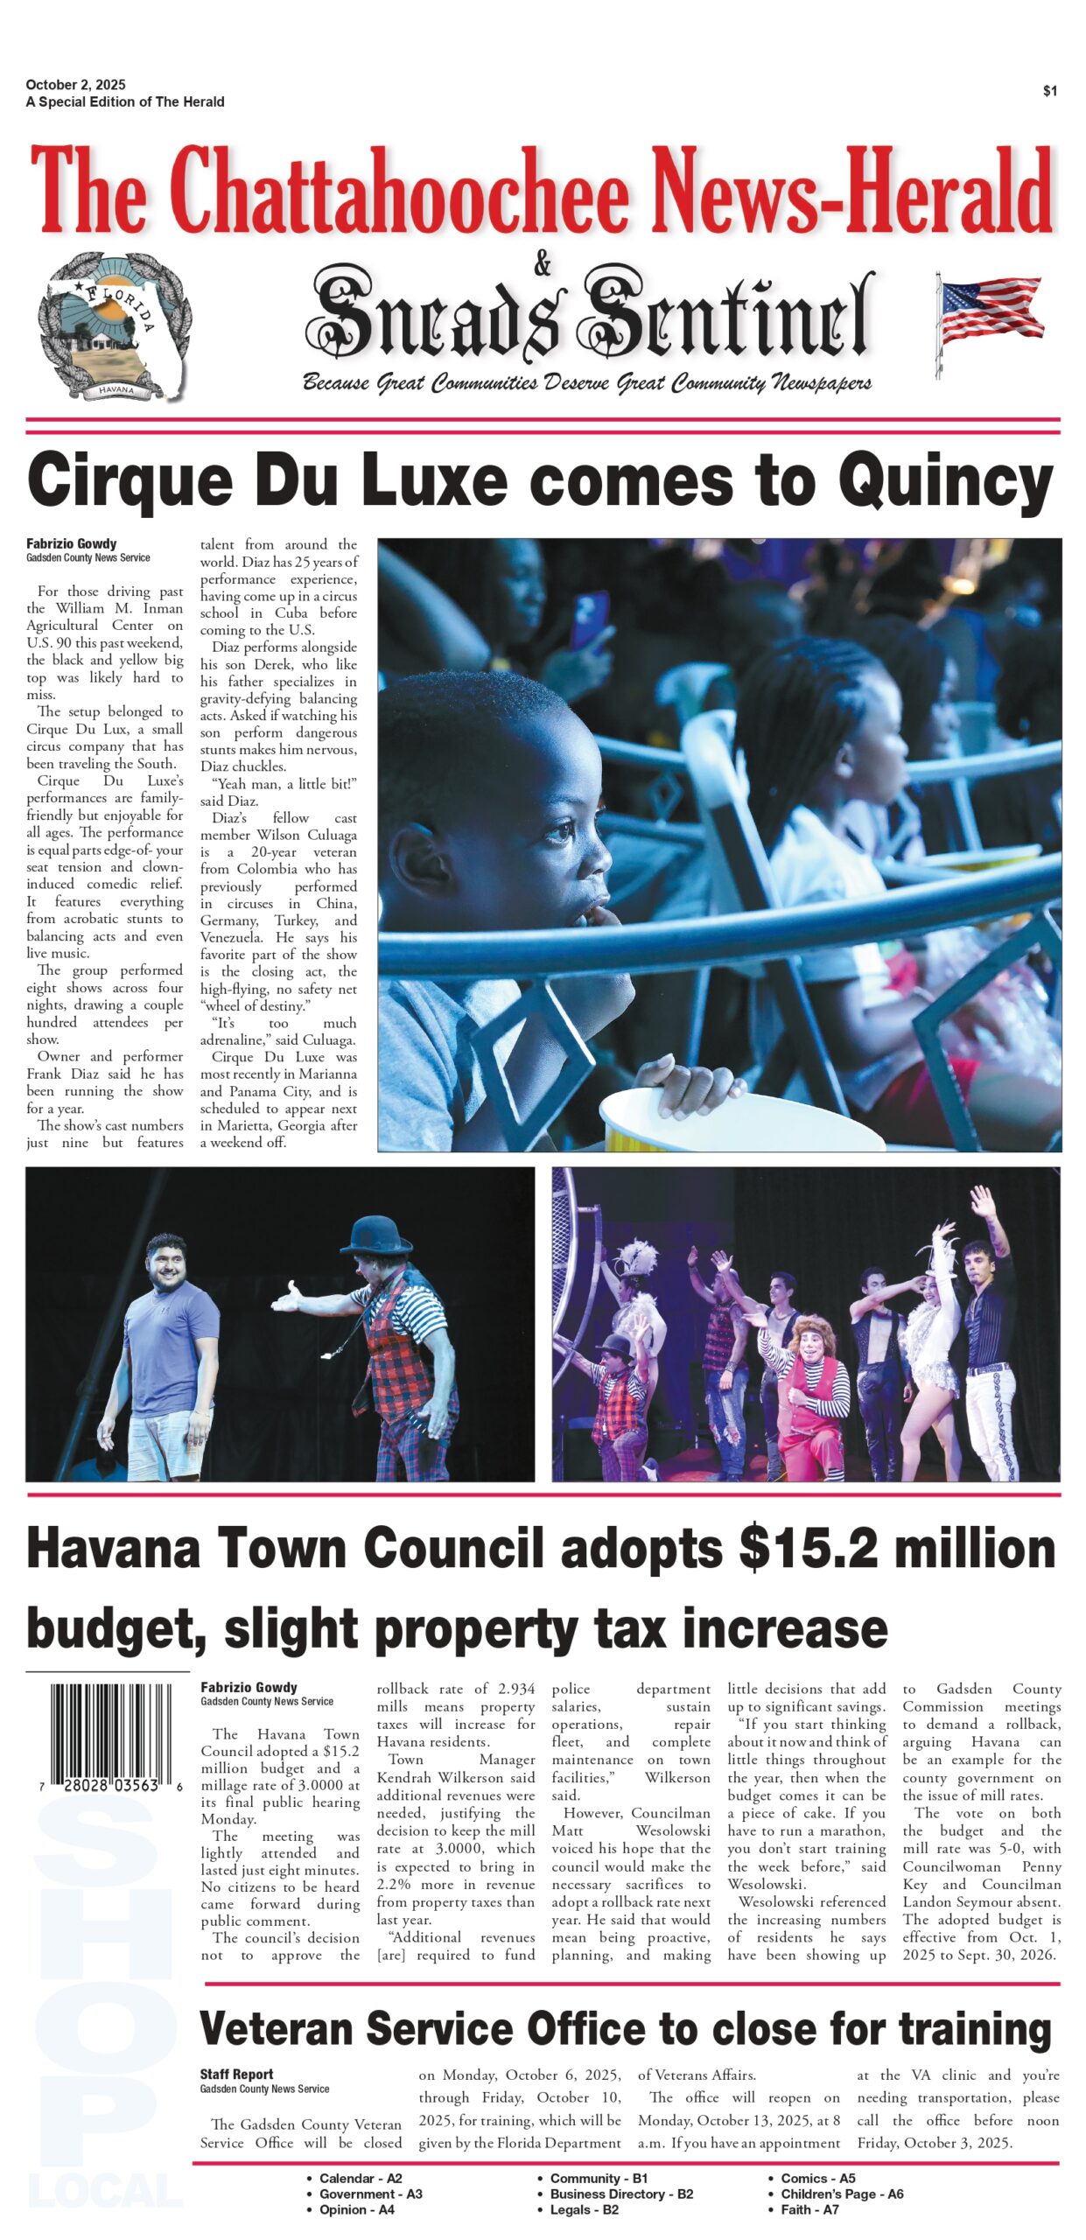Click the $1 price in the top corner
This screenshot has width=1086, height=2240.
[1049, 91]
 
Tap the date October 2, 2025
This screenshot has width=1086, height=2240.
[75, 85]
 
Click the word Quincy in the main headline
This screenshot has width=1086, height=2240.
[945, 480]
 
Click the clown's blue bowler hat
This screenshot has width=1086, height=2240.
[375, 1235]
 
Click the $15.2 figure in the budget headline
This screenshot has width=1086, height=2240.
[809, 1550]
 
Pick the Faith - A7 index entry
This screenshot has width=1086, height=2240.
[809, 2209]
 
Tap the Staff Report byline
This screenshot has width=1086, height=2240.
[236, 2075]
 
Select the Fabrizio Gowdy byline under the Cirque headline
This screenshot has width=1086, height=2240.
[71, 543]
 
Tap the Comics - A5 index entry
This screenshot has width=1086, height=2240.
[817, 2178]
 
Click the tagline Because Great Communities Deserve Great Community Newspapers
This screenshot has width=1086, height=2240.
[586, 383]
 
